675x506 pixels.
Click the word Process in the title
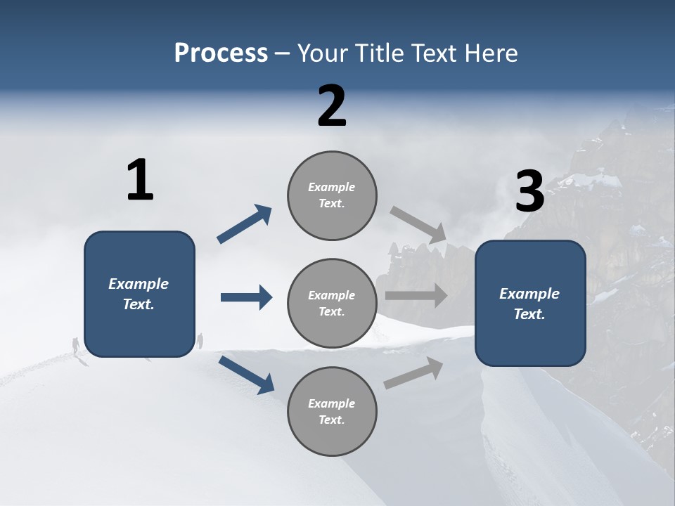[221, 53]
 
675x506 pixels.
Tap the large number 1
[140, 181]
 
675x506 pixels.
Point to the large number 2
[332, 106]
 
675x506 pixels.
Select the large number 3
[529, 192]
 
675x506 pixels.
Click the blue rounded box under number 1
[139, 294]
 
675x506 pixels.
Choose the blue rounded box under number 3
[530, 304]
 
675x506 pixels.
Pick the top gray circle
[332, 195]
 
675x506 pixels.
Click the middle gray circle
[332, 304]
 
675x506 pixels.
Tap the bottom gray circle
[332, 412]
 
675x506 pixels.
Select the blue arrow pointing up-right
[245, 224]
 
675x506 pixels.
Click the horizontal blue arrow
[246, 297]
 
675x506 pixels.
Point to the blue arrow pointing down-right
[246, 374]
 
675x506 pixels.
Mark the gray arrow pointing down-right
[418, 224]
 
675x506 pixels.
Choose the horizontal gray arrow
[416, 295]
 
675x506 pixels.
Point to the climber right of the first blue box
[200, 341]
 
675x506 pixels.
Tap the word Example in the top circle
[332, 188]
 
